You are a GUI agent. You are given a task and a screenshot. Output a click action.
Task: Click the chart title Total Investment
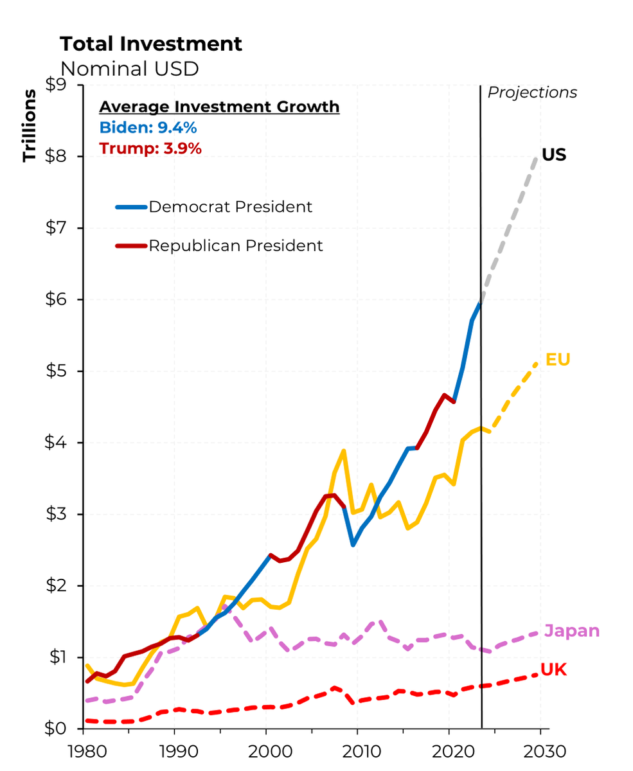coord(151,44)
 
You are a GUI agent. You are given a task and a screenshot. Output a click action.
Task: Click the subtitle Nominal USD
coord(129,69)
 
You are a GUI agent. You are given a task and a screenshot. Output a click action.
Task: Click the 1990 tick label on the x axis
coord(174,751)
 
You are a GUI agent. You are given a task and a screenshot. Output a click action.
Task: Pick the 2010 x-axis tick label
coord(357,751)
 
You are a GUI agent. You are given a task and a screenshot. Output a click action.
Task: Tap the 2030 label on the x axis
coord(540,751)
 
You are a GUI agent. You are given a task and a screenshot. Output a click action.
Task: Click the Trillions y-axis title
coord(30,125)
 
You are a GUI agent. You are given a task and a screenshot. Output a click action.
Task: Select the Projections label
coord(532,93)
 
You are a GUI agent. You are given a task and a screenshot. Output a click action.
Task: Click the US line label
coord(553,155)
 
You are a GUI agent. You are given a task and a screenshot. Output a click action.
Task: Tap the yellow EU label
coord(557,360)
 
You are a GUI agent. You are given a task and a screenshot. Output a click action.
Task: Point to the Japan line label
coord(571,632)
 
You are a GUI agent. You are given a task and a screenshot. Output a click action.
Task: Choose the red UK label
coord(553,670)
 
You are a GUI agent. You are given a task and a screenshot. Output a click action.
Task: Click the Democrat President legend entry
coord(230,207)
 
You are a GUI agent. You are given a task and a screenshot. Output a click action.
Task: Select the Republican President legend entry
coord(235,245)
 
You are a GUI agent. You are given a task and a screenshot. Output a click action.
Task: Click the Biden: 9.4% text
coord(148,128)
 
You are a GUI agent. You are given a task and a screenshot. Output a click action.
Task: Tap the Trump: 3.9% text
coord(150,148)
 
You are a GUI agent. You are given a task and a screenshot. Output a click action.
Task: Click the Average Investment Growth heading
coord(219,107)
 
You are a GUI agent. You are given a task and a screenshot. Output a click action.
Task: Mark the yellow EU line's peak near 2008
coord(344,451)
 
